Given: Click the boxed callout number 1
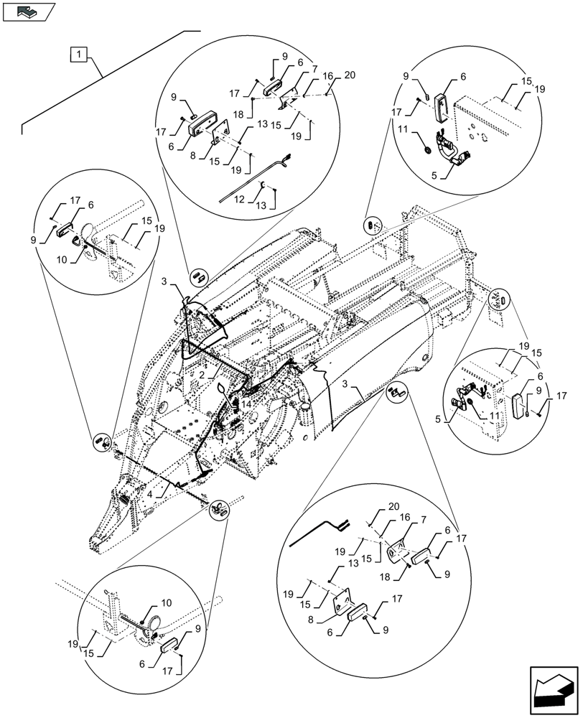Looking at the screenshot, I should [x=78, y=54].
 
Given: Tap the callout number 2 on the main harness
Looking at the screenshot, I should [x=202, y=375].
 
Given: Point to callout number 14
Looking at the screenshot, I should [x=246, y=404].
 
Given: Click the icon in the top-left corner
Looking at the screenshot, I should [x=28, y=11].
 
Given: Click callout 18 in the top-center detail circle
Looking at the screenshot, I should [x=257, y=113].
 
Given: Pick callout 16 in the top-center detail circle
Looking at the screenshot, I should [x=327, y=75].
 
